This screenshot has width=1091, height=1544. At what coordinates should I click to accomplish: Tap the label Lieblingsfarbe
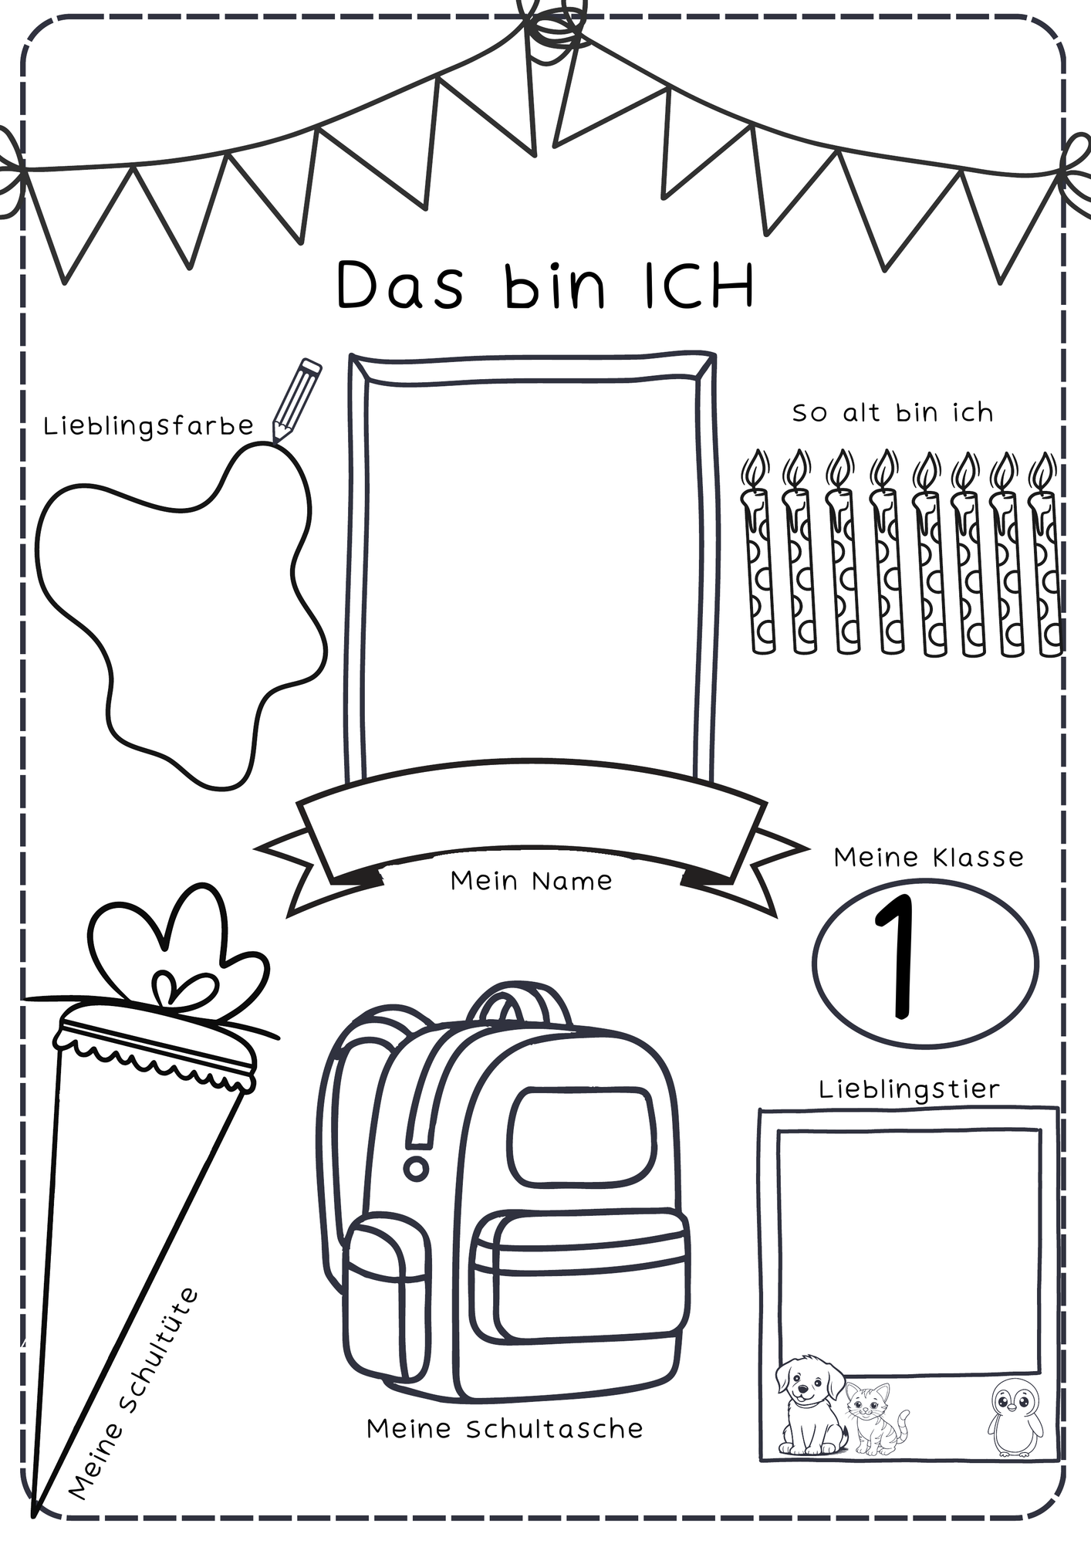(148, 426)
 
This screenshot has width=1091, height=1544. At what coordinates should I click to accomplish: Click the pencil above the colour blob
(296, 399)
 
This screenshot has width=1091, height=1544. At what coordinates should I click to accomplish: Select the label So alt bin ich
(893, 413)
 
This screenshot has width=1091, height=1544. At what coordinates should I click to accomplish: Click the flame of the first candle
(756, 469)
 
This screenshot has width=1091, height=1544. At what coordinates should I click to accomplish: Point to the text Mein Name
(531, 881)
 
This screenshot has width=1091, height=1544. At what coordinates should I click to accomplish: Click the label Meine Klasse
(928, 857)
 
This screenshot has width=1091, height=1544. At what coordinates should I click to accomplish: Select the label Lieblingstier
(909, 1089)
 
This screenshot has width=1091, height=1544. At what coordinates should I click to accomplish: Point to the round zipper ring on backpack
(417, 1167)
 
